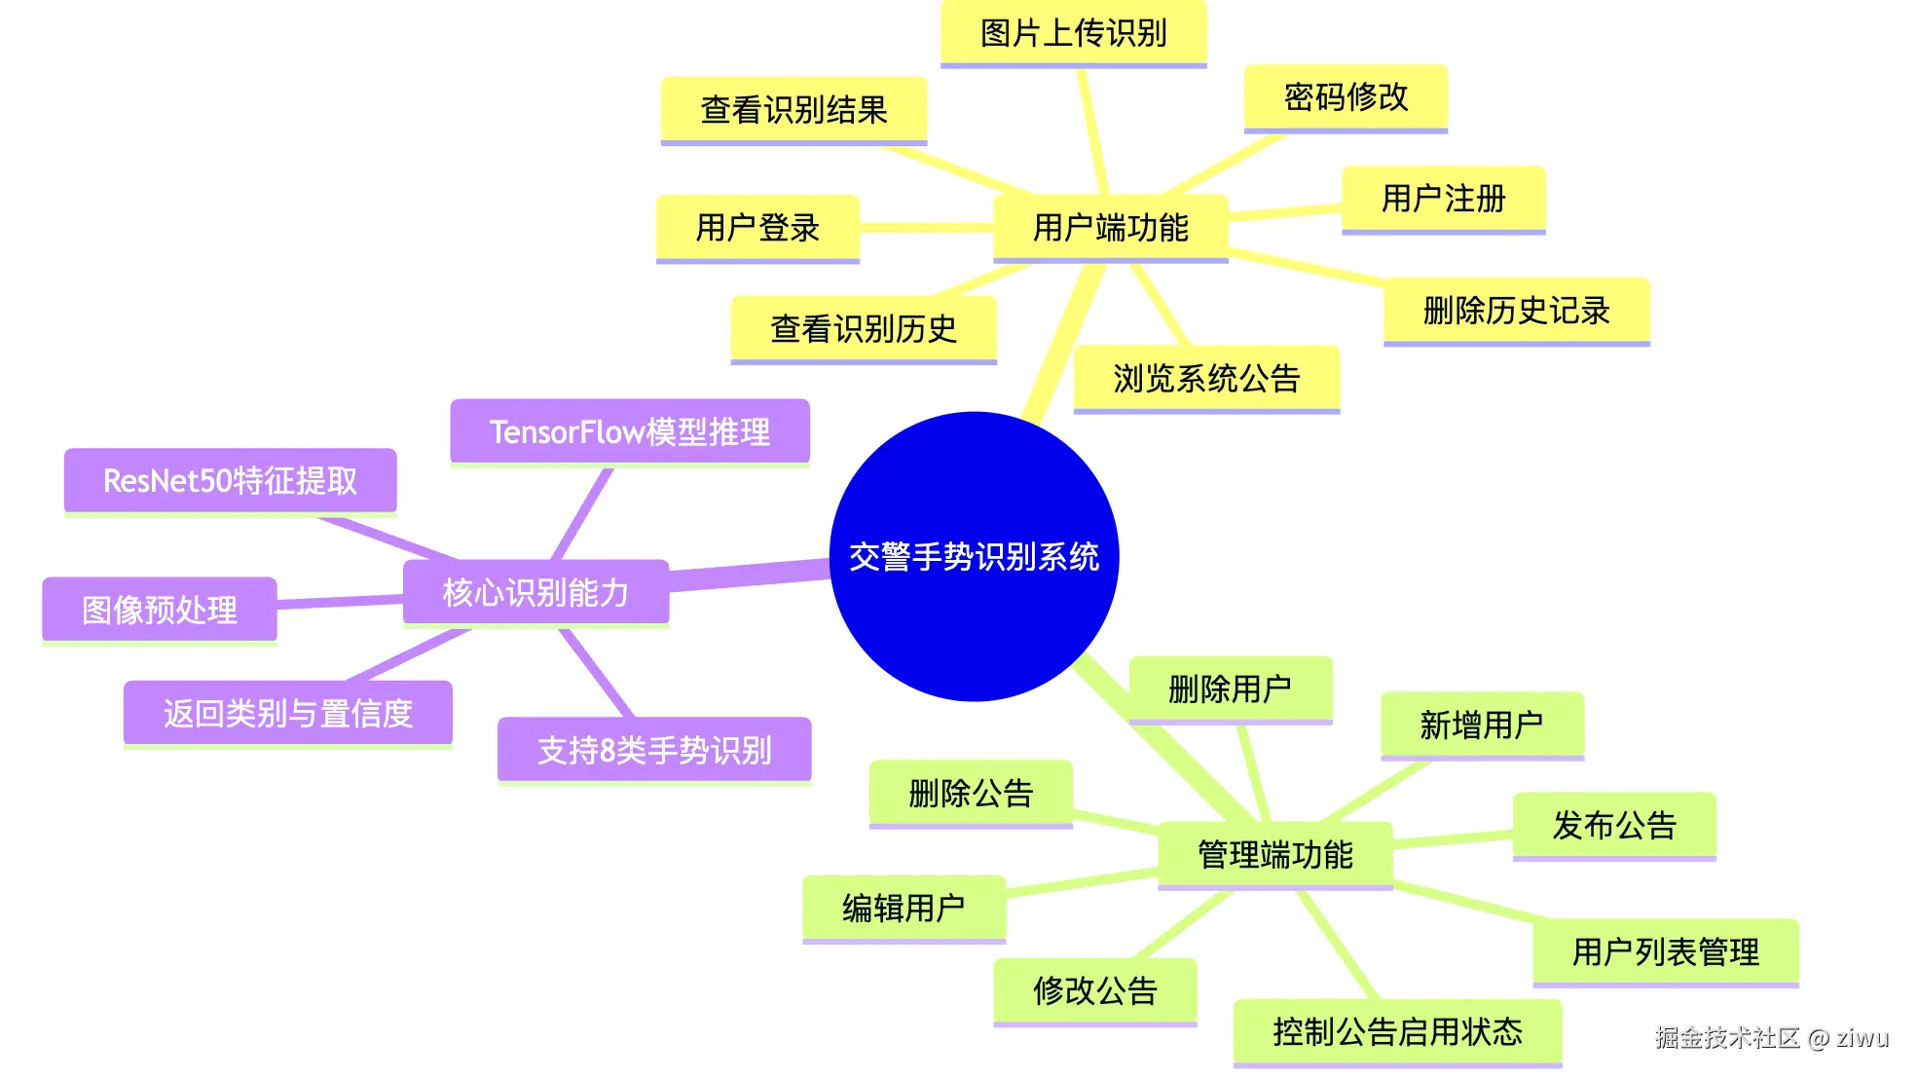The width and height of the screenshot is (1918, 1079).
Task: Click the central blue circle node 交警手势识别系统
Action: pyautogui.click(x=974, y=556)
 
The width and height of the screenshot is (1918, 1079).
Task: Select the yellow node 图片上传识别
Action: pyautogui.click(x=1073, y=33)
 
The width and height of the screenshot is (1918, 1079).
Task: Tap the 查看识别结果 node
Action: pyautogui.click(x=793, y=110)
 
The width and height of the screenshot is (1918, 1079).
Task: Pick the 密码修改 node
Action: pyautogui.click(x=1346, y=97)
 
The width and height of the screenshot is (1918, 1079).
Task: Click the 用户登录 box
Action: pyautogui.click(x=757, y=228)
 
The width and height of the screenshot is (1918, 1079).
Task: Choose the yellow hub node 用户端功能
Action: pyautogui.click(x=1110, y=228)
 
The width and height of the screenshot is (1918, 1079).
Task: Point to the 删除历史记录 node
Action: pyautogui.click(x=1516, y=311)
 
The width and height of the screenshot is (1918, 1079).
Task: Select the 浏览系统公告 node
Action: pyautogui.click(x=1206, y=379)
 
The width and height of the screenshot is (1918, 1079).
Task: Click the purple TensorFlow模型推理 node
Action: pyautogui.click(x=629, y=431)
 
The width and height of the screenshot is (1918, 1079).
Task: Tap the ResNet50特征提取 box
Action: pyautogui.click(x=230, y=480)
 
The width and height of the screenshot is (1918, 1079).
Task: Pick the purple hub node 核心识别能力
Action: pyautogui.click(x=535, y=592)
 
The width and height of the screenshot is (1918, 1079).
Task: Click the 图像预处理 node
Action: pyautogui.click(x=160, y=611)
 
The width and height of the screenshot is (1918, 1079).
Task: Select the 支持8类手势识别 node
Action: pyautogui.click(x=654, y=750)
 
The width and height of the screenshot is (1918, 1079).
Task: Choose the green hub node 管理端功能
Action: pyautogui.click(x=1274, y=855)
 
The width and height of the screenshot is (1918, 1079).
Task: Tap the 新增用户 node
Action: pyautogui.click(x=1481, y=725)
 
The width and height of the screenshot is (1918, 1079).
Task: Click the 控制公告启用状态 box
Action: pyautogui.click(x=1397, y=1032)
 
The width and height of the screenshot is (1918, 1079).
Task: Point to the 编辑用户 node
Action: pyautogui.click(x=904, y=909)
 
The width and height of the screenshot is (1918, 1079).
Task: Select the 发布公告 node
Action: pyautogui.click(x=1613, y=826)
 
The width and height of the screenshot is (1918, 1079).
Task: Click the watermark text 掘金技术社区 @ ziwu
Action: pyautogui.click(x=1771, y=1038)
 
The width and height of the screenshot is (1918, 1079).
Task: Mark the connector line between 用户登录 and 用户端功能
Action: pyautogui.click(x=925, y=228)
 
